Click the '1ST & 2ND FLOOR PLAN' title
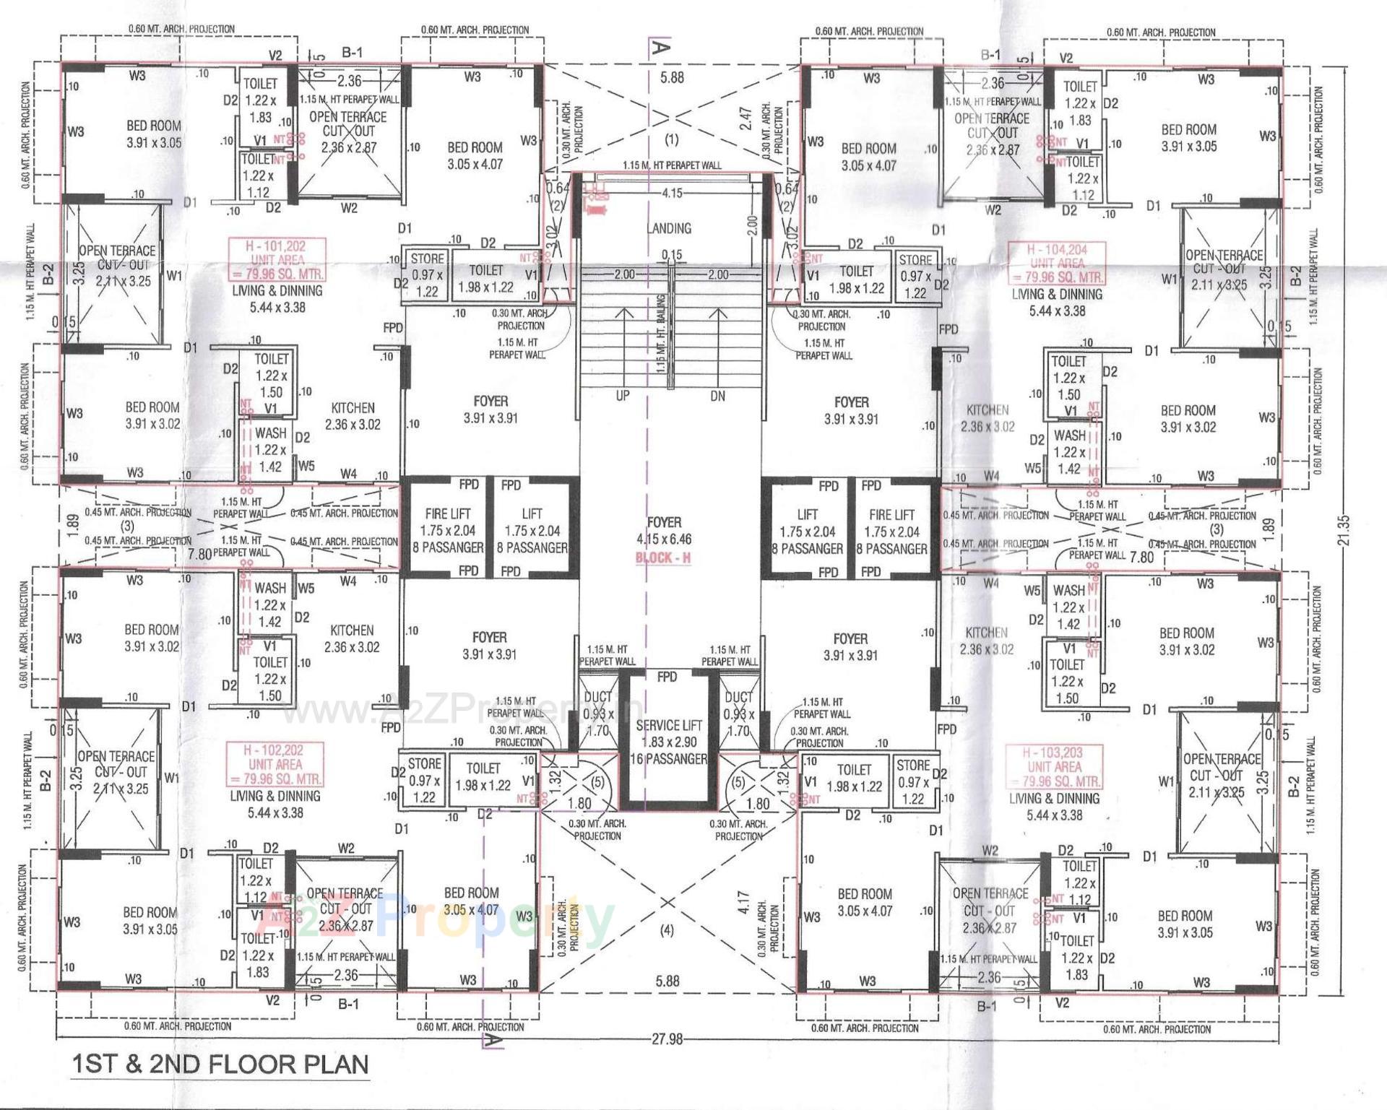[220, 1064]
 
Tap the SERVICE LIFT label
[667, 726]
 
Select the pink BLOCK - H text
[662, 558]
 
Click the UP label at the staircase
[622, 396]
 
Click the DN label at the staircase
[717, 396]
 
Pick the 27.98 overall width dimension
[666, 1039]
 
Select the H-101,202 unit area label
[277, 259]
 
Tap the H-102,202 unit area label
[275, 764]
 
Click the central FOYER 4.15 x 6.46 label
[663, 530]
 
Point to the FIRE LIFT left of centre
[447, 513]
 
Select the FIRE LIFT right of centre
[891, 515]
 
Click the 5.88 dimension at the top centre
[671, 77]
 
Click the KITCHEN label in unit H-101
[353, 408]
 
